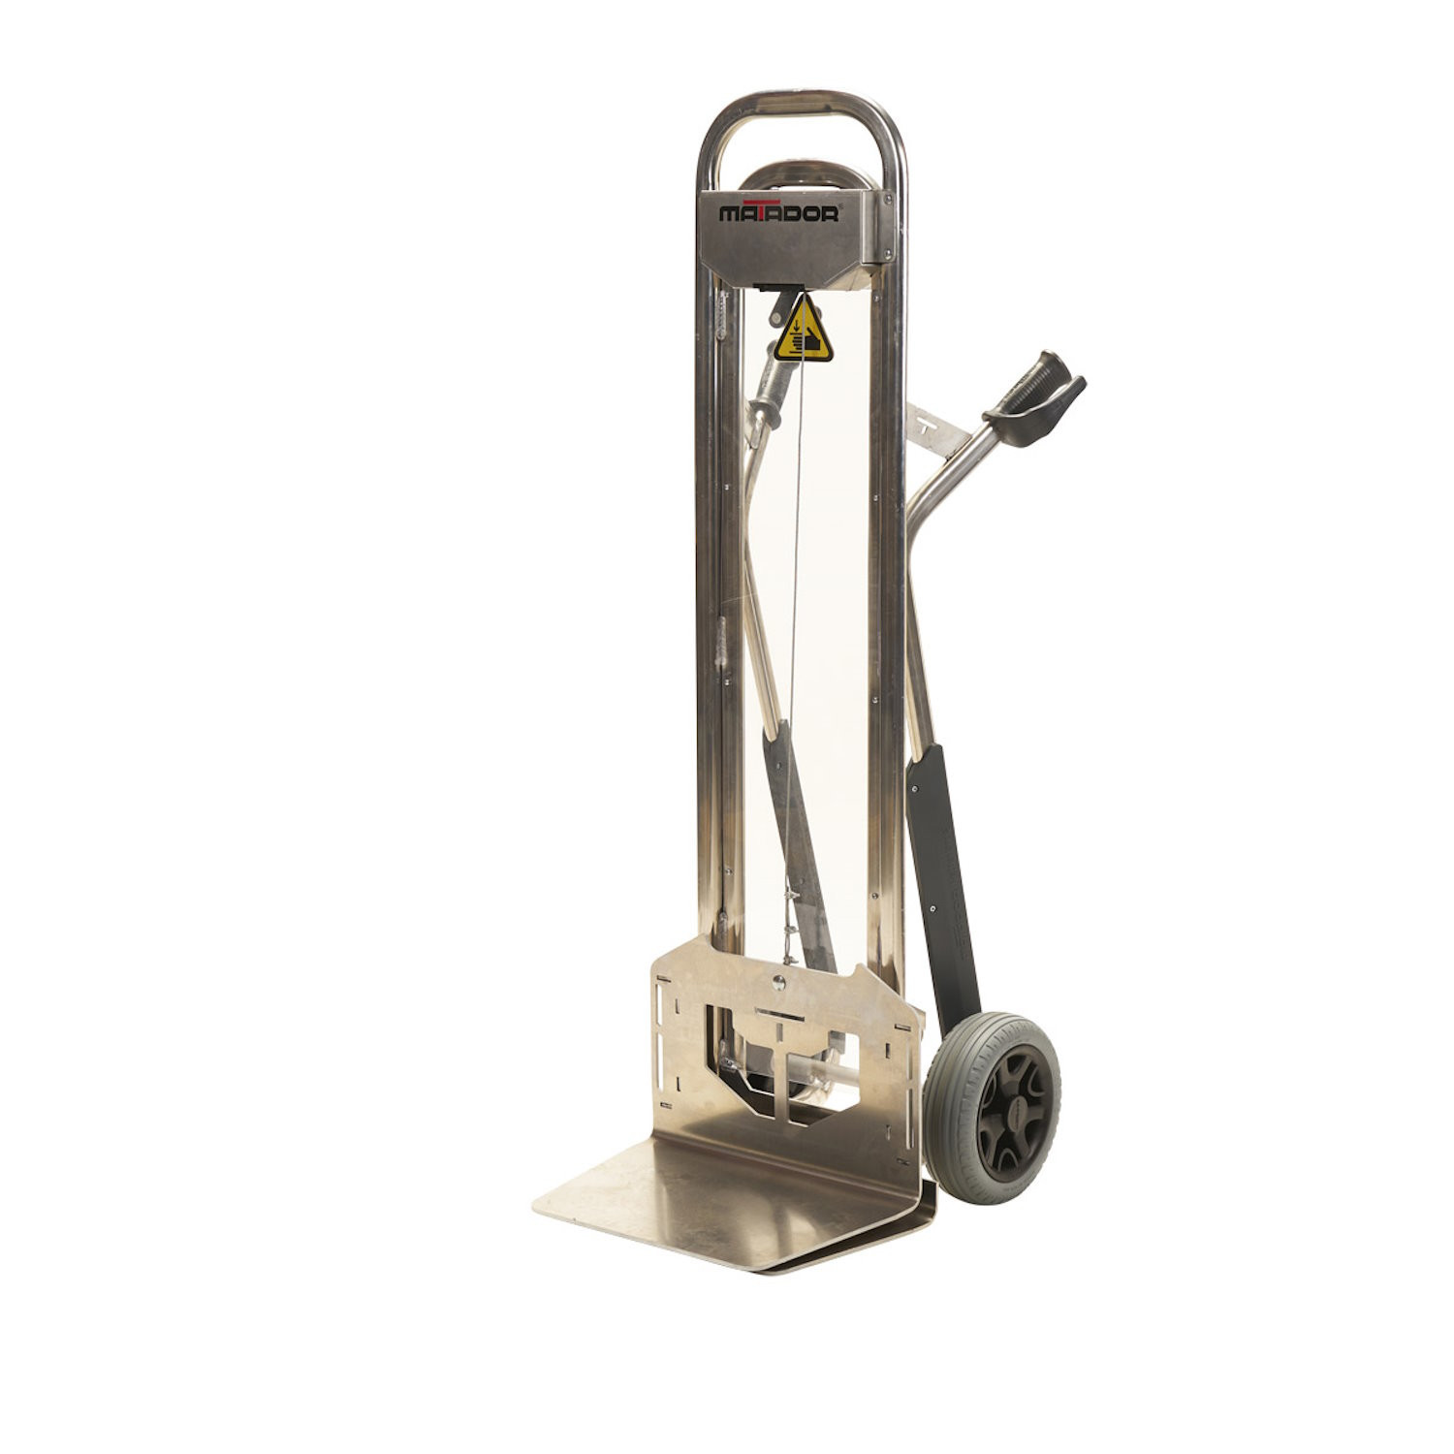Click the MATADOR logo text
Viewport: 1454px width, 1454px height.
coord(778,213)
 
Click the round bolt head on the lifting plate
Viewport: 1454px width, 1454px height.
coord(777,985)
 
